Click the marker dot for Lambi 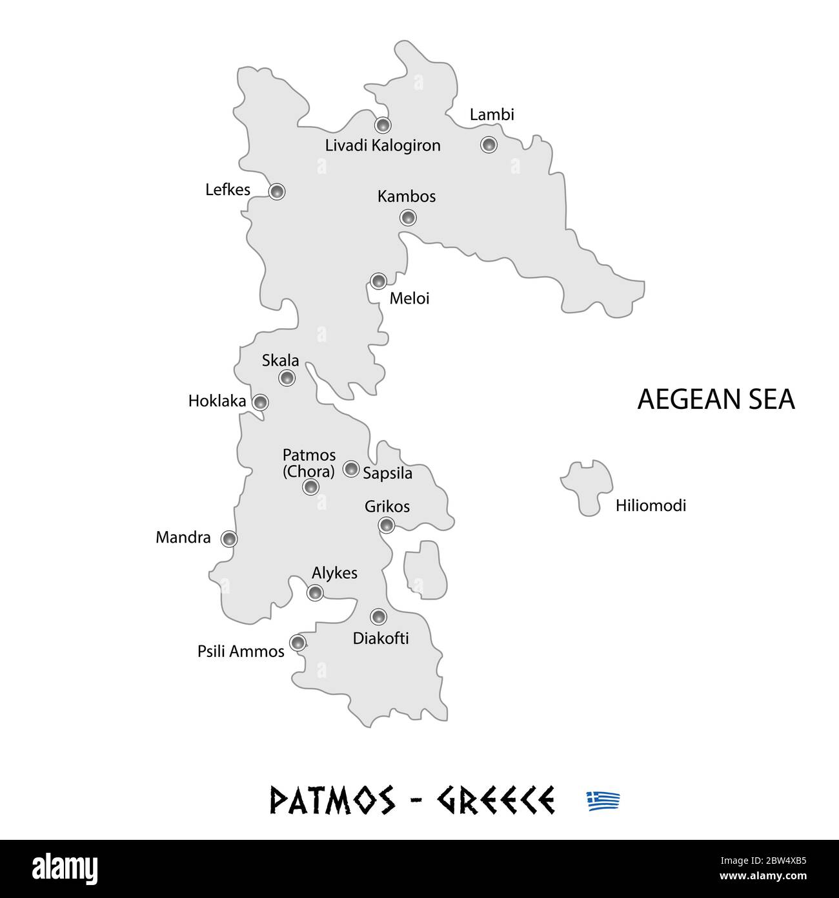[x=489, y=144]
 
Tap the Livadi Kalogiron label [x=383, y=145]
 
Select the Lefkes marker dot [x=276, y=191]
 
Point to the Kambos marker [x=408, y=217]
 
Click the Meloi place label [x=409, y=298]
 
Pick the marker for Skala [x=287, y=378]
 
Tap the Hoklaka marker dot [x=260, y=402]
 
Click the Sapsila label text [x=387, y=474]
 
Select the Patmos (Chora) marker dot [x=310, y=487]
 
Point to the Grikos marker [x=386, y=525]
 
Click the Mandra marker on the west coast [x=229, y=538]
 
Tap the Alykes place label [x=334, y=573]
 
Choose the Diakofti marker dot [x=378, y=616]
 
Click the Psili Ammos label [x=241, y=652]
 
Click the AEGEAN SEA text [x=716, y=399]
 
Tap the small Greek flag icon [x=603, y=801]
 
